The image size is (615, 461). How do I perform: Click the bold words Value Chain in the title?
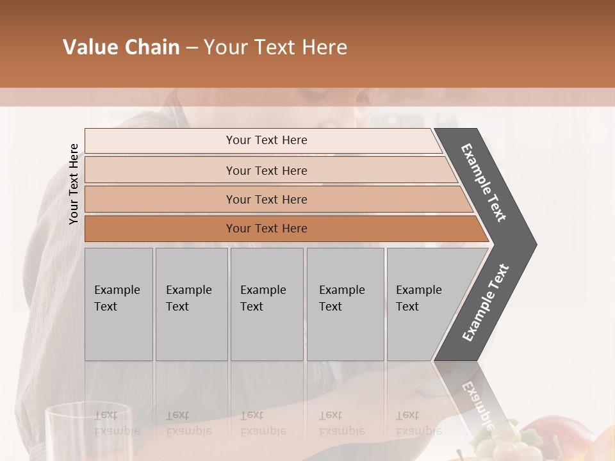121,47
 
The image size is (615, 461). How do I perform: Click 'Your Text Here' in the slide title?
275,47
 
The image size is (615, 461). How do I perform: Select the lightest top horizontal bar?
263,141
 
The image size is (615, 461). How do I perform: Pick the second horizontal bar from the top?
266,170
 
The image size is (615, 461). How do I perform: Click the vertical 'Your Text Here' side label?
74,184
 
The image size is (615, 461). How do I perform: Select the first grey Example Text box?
119,304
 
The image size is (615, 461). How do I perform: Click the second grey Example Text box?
191,304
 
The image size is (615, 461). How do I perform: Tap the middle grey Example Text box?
266,304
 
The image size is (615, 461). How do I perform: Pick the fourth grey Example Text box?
345,304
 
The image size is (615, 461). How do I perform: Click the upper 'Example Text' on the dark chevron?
484,182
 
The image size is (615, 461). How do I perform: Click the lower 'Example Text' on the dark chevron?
485,303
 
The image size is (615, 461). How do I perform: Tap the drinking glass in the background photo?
88,432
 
